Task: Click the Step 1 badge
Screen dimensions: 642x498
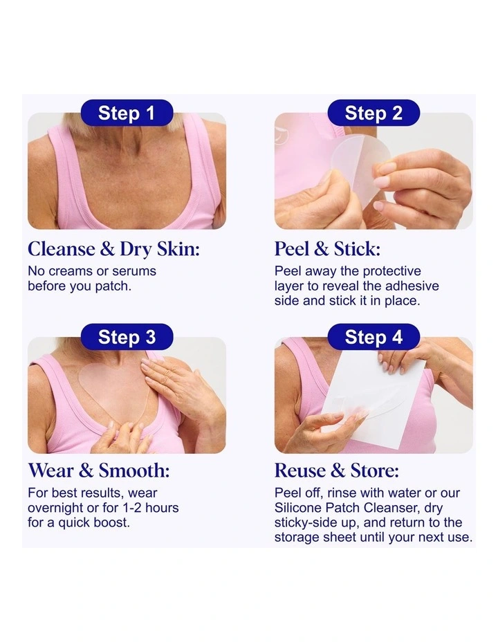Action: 127,113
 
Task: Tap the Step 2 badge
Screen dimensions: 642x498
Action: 373,113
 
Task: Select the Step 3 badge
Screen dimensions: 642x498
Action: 127,337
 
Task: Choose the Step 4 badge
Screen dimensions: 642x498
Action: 373,337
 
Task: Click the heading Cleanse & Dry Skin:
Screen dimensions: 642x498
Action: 113,248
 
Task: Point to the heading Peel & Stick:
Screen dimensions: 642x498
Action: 327,248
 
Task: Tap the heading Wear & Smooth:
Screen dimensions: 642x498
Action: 98,470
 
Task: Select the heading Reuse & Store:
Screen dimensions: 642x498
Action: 336,470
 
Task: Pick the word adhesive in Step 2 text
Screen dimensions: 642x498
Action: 412,286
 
